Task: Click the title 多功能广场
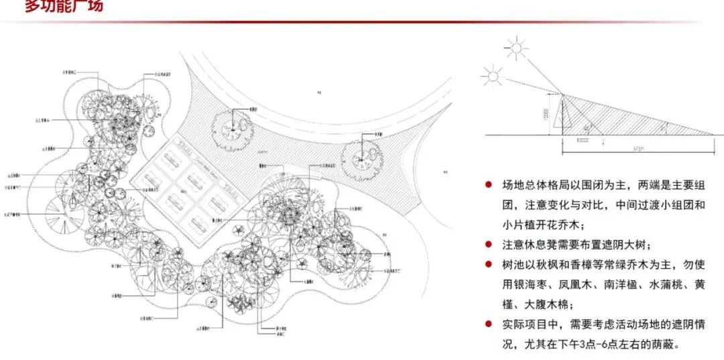(64, 7)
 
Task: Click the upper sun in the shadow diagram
(517, 48)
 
